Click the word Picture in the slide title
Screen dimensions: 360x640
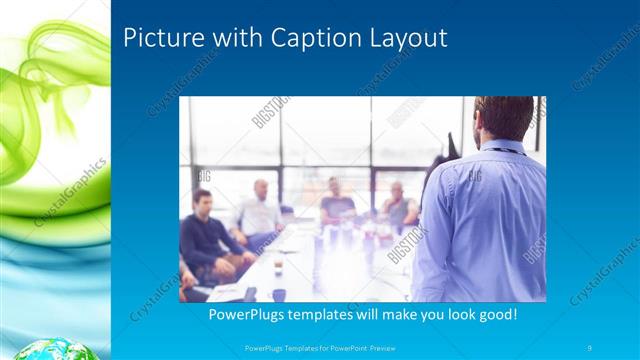click(157, 39)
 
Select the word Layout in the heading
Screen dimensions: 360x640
click(401, 39)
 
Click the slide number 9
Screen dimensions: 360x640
click(591, 347)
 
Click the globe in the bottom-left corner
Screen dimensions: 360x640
click(39, 349)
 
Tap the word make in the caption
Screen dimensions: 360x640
click(409, 315)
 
